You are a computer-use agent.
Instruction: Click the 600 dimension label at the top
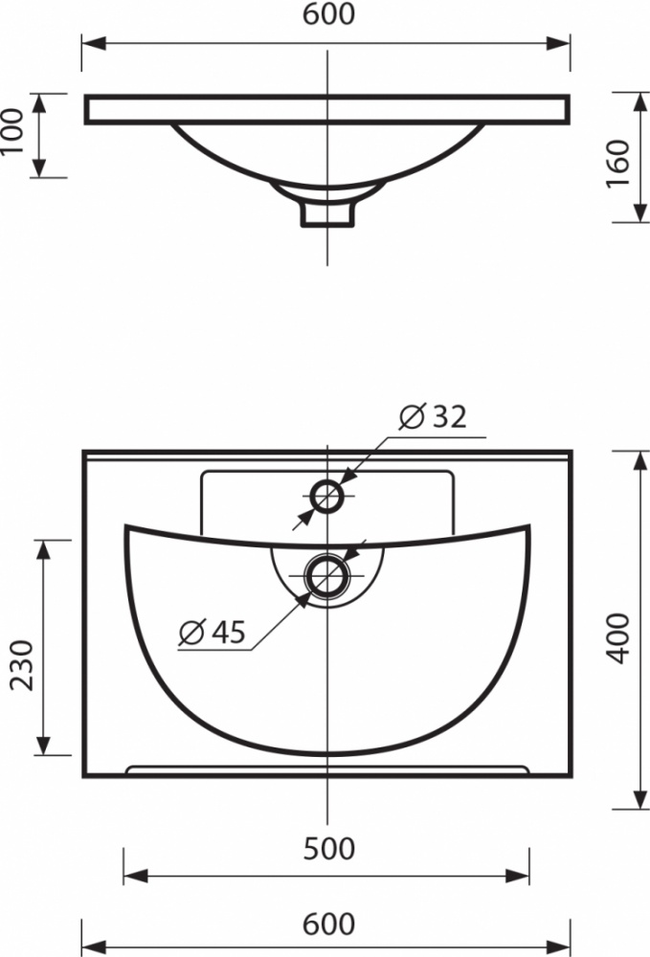(328, 14)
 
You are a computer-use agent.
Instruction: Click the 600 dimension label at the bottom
(328, 924)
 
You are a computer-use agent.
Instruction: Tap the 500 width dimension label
(328, 849)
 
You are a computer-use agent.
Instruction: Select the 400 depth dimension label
(618, 638)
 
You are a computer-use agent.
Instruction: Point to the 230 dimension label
(22, 665)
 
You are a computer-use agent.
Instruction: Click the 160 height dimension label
(618, 165)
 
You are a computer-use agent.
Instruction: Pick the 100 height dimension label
(11, 132)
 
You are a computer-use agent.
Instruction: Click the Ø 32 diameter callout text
(433, 417)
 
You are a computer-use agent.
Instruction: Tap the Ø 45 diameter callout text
(212, 632)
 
